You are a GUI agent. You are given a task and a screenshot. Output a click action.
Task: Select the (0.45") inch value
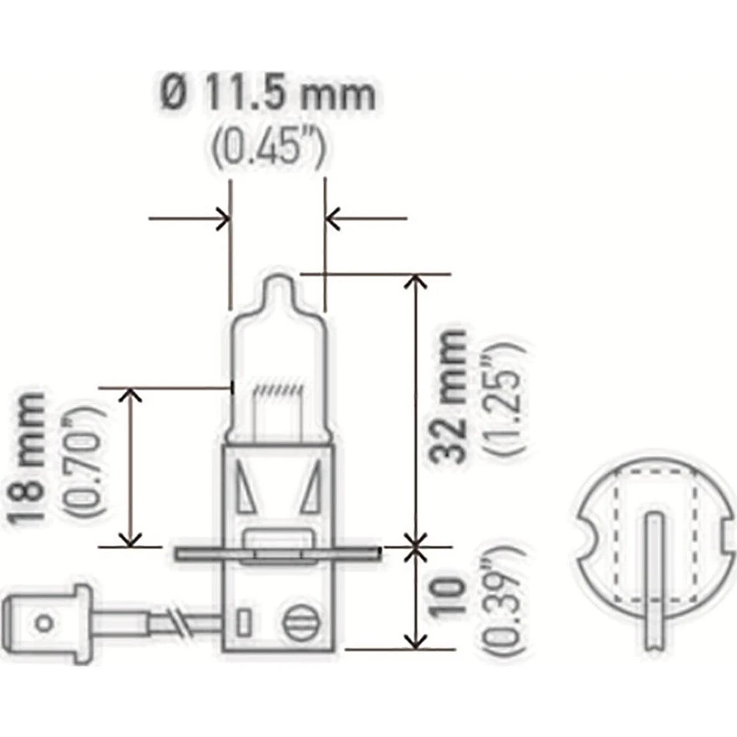pos(268,147)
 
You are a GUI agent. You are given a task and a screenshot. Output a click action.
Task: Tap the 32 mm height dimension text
pos(449,395)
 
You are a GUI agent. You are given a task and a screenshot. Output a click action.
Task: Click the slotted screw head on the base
pos(298,621)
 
